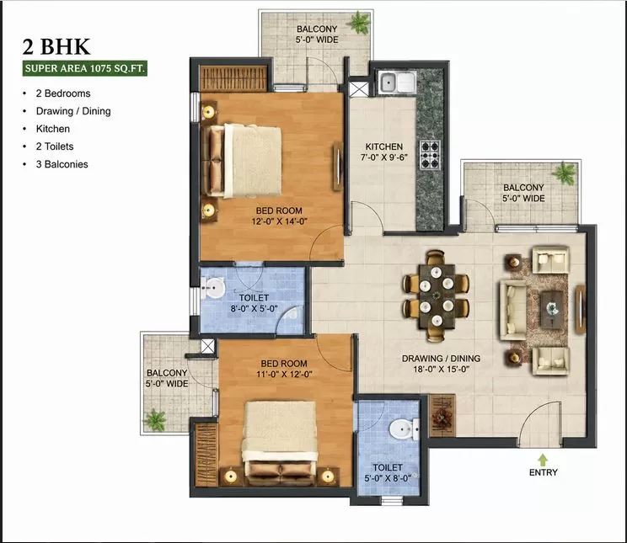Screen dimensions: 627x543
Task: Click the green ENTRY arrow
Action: pyautogui.click(x=543, y=460)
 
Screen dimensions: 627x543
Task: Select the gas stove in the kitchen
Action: pyautogui.click(x=430, y=155)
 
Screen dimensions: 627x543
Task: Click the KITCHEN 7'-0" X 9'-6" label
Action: pyautogui.click(x=384, y=152)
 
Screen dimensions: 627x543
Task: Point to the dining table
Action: pyautogui.click(x=437, y=295)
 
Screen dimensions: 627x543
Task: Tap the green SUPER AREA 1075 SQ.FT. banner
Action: pyautogui.click(x=84, y=68)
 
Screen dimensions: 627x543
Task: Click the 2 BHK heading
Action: pyautogui.click(x=56, y=47)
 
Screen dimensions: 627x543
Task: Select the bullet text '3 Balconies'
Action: pyautogui.click(x=62, y=164)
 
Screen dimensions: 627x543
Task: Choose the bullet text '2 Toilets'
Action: pyautogui.click(x=55, y=146)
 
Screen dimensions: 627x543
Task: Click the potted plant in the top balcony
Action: pyautogui.click(x=359, y=23)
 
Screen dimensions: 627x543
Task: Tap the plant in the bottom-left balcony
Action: pyautogui.click(x=155, y=420)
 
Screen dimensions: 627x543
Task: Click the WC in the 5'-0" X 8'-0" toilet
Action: pyautogui.click(x=404, y=429)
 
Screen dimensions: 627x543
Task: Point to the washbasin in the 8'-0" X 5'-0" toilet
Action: pyautogui.click(x=212, y=287)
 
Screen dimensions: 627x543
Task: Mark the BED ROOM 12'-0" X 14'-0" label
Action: pyautogui.click(x=279, y=216)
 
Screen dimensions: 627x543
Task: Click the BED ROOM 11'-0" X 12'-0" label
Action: pyautogui.click(x=284, y=369)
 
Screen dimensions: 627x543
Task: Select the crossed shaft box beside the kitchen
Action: pyautogui.click(x=359, y=89)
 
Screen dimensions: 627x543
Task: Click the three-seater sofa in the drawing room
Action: pyautogui.click(x=512, y=310)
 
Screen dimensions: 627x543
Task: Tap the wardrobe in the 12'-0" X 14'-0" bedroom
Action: pyautogui.click(x=233, y=78)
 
